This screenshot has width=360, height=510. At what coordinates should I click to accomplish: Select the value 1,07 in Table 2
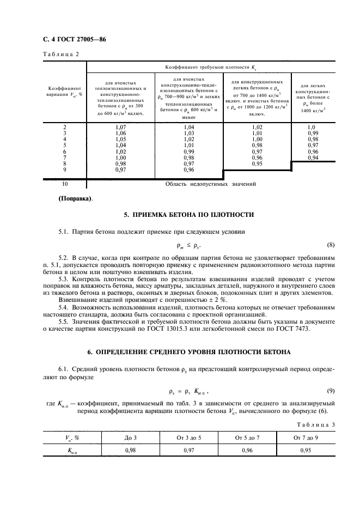(120, 127)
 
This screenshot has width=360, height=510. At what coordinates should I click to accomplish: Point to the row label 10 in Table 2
(65, 184)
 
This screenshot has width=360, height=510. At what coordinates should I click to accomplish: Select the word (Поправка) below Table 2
(75, 198)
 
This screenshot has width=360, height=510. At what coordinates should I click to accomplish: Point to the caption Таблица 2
(60, 54)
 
